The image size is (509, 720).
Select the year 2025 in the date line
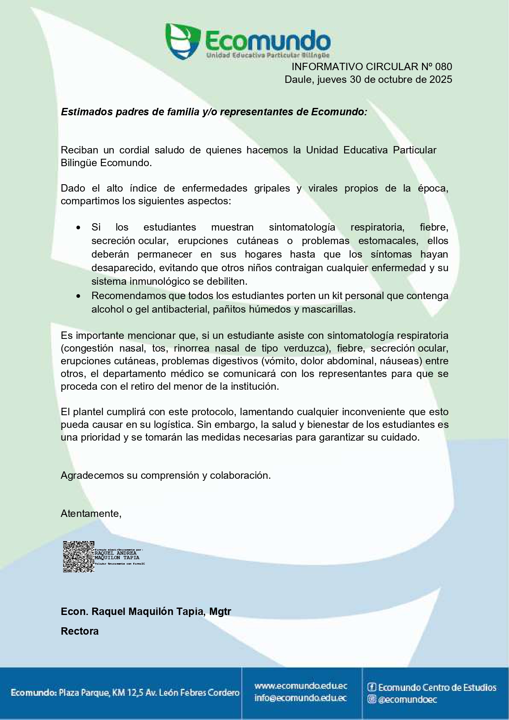[x=441, y=80]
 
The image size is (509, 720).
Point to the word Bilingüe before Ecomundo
[x=79, y=163]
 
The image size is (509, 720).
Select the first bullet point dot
[x=78, y=228]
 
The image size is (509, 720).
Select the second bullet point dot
[x=78, y=296]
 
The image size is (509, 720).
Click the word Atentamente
[x=91, y=514]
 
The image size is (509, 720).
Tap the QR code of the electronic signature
[x=78, y=557]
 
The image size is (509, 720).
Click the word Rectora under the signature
[x=80, y=631]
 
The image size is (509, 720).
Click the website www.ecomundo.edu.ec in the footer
[x=301, y=686]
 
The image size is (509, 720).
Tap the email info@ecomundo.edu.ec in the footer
[x=301, y=698]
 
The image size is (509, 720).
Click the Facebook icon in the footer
[x=372, y=687]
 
